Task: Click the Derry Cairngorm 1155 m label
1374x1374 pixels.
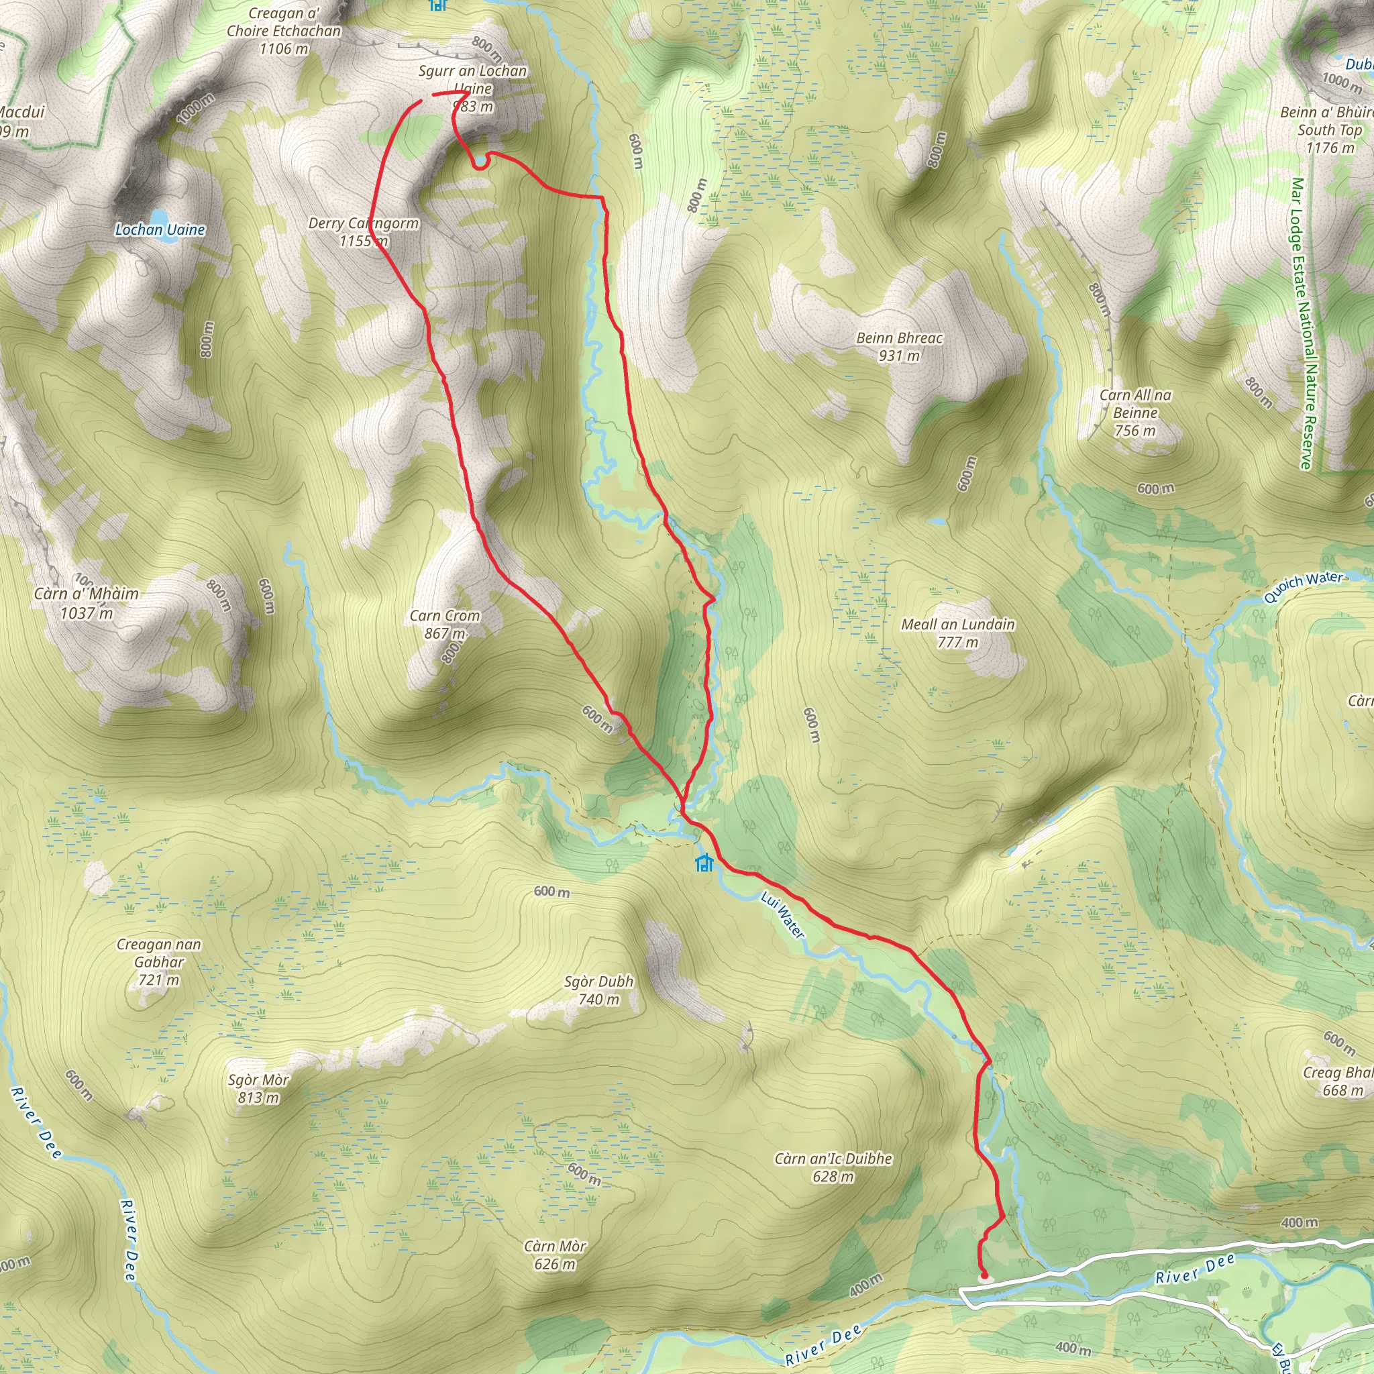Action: pyautogui.click(x=364, y=232)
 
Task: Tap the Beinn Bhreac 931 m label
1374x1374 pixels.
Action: pyautogui.click(x=899, y=346)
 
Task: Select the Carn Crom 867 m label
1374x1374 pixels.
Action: pyautogui.click(x=445, y=625)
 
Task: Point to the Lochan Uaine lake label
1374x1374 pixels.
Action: pyautogui.click(x=160, y=229)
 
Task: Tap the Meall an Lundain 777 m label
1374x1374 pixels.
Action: pyautogui.click(x=958, y=633)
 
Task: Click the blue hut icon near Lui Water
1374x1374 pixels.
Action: pyautogui.click(x=704, y=863)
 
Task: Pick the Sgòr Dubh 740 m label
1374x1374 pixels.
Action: pyautogui.click(x=598, y=990)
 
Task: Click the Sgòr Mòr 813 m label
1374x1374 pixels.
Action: pyautogui.click(x=258, y=1088)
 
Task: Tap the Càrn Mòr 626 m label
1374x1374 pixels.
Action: pyautogui.click(x=555, y=1255)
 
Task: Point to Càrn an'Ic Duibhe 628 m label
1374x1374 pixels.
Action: pyautogui.click(x=833, y=1167)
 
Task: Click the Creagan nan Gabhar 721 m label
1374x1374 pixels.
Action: pyautogui.click(x=158, y=961)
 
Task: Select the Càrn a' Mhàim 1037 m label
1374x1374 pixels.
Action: pyautogui.click(x=86, y=603)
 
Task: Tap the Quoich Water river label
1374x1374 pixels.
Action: pyautogui.click(x=1303, y=588)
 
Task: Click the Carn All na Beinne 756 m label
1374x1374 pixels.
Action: pyautogui.click(x=1135, y=413)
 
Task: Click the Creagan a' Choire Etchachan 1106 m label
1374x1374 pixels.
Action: pyautogui.click(x=284, y=32)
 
